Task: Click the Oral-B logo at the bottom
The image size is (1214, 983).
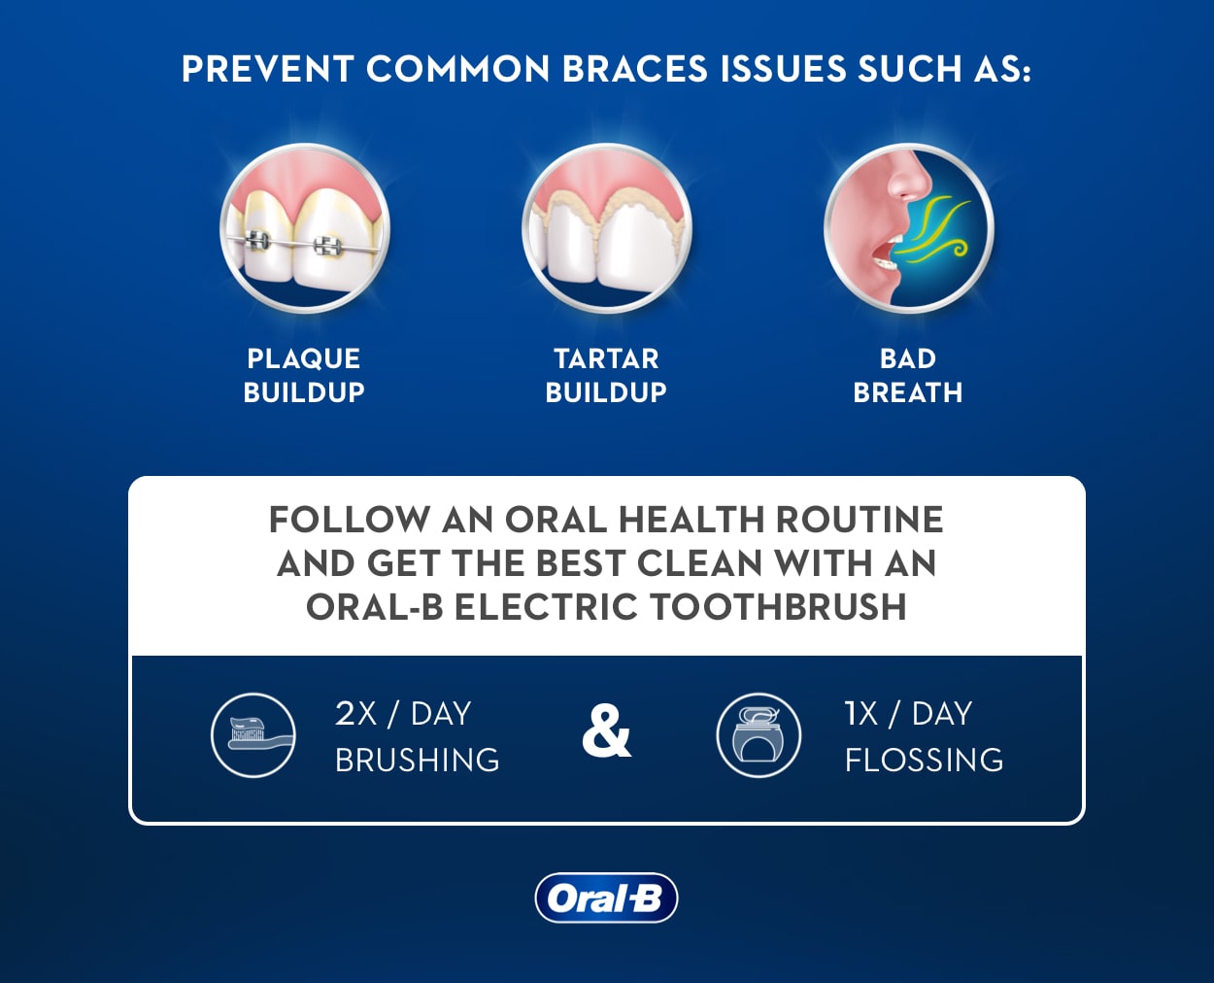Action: [606, 898]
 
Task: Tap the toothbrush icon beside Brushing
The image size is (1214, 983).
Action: [253, 735]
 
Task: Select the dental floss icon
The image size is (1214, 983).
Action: [759, 735]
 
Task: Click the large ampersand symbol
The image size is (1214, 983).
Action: [606, 731]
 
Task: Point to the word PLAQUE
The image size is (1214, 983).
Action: [304, 359]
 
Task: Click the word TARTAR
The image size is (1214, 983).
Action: [606, 359]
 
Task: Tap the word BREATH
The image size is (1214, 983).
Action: [908, 392]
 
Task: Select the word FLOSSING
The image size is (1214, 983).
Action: [924, 760]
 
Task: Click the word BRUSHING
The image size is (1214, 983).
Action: [417, 760]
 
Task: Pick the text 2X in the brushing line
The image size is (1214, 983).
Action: [355, 714]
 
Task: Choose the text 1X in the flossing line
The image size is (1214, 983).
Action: [861, 714]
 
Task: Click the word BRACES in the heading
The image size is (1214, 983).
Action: [635, 69]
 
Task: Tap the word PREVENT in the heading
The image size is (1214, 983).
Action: [268, 69]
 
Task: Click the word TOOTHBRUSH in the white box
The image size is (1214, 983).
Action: [778, 606]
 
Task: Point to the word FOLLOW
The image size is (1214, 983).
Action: [350, 519]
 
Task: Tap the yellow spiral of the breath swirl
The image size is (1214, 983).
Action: [959, 249]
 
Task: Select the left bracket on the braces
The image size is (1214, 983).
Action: [256, 240]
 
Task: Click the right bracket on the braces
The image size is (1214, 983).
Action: [327, 246]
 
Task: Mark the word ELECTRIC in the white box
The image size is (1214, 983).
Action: [546, 606]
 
